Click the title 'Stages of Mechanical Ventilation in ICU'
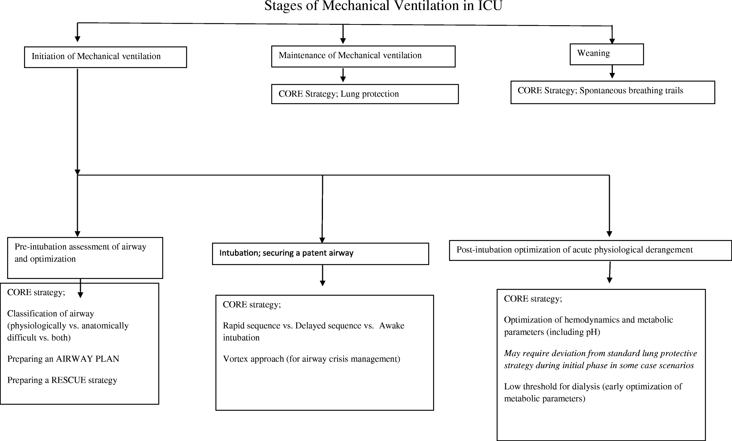pos(383,6)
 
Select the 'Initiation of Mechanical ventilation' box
pos(105,57)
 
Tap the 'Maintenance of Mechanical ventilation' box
pos(363,56)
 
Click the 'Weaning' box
pos(606,54)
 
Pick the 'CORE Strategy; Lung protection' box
pos(365,94)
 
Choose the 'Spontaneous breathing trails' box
pos(612,92)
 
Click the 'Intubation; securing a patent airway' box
pos(320,253)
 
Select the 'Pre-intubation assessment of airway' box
pos(85,258)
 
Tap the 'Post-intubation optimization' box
pos(590,250)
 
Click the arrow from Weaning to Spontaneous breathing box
pos(612,72)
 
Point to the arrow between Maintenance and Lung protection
pos(343,75)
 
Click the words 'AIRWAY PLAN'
pos(88,359)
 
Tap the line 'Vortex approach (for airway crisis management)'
pos(311,359)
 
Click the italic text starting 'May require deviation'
pos(600,359)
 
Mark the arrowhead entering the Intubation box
pos(322,240)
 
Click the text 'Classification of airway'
pos(50,314)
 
